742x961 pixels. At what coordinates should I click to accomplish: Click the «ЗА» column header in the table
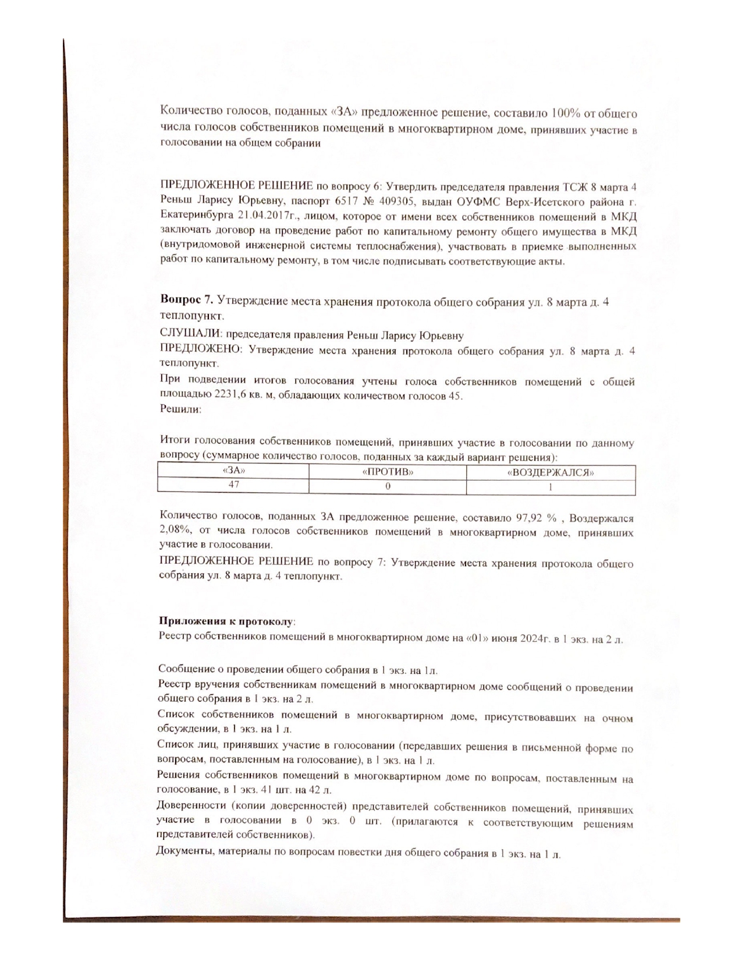(x=233, y=471)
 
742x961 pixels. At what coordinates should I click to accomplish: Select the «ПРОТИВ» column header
(x=388, y=471)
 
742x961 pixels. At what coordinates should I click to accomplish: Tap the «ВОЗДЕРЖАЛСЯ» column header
(x=551, y=472)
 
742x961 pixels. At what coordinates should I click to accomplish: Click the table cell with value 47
(x=233, y=485)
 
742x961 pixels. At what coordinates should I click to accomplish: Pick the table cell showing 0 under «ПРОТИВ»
(x=388, y=486)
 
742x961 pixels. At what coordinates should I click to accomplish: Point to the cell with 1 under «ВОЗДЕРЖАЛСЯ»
(x=551, y=487)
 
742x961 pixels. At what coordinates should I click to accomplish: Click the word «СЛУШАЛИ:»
(x=191, y=335)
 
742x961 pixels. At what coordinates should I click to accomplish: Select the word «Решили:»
(x=180, y=409)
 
